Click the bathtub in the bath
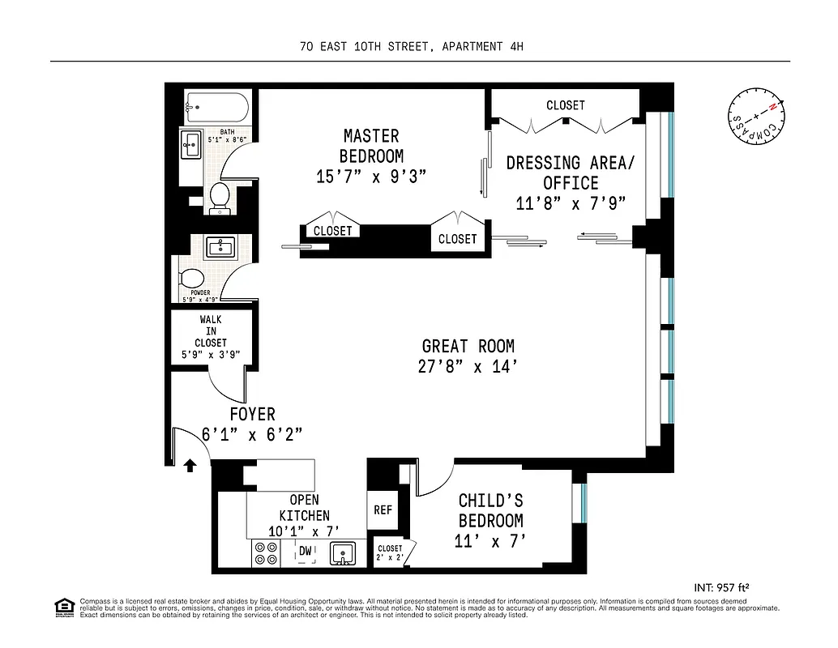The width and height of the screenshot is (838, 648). point(216,106)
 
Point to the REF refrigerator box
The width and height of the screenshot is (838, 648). point(383,509)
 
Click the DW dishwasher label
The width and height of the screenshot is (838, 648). point(306,552)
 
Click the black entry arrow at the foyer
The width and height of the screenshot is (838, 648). point(190,465)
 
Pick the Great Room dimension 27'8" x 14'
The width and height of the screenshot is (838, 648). point(468,366)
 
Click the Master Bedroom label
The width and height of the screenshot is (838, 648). point(370,146)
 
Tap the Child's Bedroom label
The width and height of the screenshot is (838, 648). point(490,510)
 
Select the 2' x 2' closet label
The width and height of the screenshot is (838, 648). point(390,553)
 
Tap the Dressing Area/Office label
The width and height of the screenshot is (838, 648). point(571,173)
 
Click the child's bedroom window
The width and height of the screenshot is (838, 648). point(581,502)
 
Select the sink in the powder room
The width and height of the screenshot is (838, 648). point(216,246)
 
